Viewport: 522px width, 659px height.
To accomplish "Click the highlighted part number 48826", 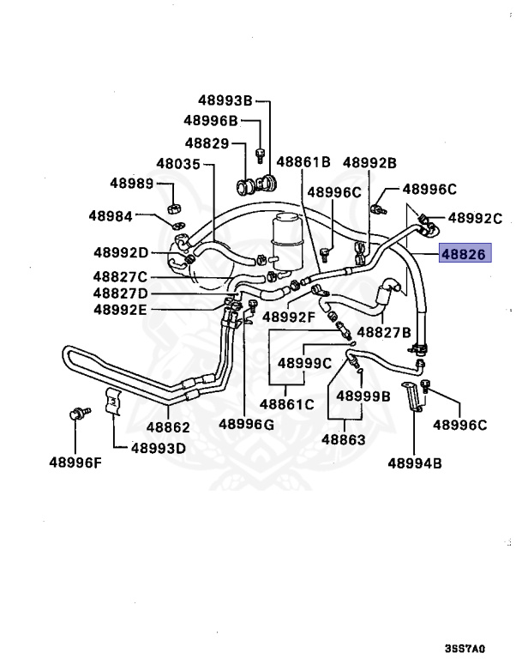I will click(x=462, y=253).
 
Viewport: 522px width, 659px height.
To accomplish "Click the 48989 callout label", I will click(x=131, y=184).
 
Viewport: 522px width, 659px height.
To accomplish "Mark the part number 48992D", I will click(x=121, y=252).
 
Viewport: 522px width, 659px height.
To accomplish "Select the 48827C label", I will click(x=120, y=277).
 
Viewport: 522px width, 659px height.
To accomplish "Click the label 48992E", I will click(x=121, y=308).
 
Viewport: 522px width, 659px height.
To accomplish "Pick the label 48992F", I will click(x=289, y=317).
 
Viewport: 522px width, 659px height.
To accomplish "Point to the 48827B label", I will click(x=384, y=331).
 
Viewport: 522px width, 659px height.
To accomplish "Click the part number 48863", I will click(x=344, y=439).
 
